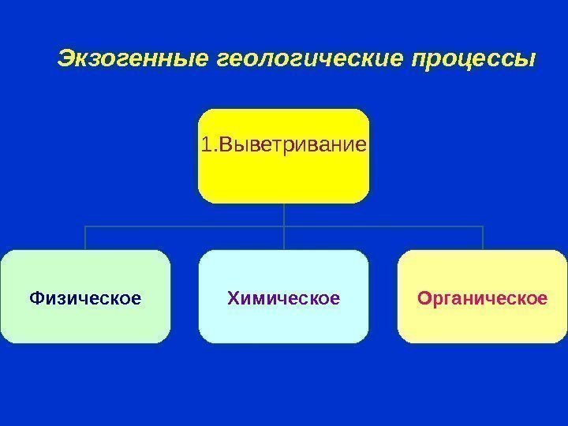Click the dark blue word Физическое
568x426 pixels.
point(85,299)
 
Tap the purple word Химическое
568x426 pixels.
point(283,299)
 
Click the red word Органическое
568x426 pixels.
point(482,299)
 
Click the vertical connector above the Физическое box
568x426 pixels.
point(85,238)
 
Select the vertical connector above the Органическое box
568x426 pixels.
point(482,238)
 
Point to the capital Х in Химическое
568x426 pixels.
point(233,299)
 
